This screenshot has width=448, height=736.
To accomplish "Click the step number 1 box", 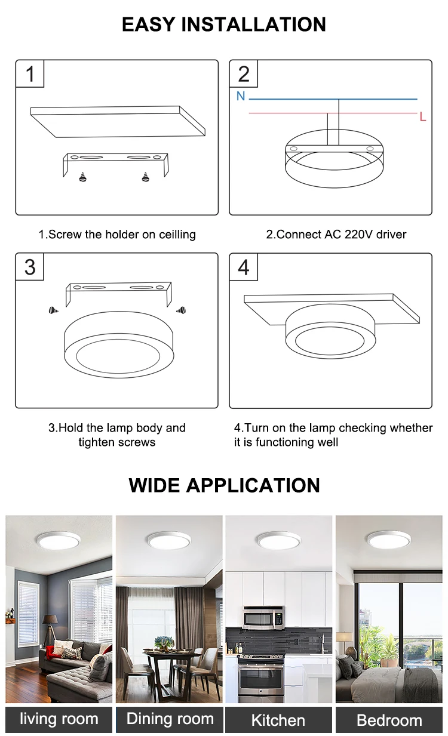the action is pos(30,73).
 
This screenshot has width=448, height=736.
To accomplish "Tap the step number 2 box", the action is pos(244,73).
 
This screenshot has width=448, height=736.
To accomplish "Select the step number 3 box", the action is pos(30,267).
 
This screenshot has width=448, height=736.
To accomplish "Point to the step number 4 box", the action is pos(244,267).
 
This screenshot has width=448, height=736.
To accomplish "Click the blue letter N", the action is pos(241,96).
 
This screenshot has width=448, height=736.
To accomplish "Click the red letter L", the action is pos(423,116).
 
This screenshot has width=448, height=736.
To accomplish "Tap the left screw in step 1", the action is pos(83,177).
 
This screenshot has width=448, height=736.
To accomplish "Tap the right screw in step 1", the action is pos(145,177).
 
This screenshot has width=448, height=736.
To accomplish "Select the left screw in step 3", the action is pos(53,310).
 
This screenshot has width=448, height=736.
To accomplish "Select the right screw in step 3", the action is pos(181,310).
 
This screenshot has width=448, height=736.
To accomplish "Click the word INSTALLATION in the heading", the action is pos(253,24).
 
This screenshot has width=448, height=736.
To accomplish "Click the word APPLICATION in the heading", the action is pos(253,485).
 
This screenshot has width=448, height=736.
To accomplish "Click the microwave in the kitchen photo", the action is pos(263,617).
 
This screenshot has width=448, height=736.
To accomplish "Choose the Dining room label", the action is pos(170,719).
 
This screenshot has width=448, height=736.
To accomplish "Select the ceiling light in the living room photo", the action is pos(59,540).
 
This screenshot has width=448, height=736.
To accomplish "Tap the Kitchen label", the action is pos(278,719).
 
